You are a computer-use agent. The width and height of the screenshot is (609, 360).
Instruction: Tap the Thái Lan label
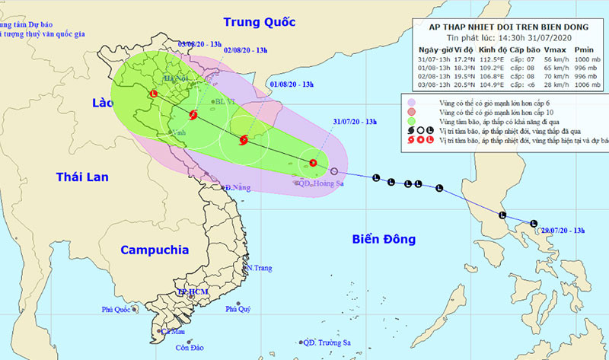click(82, 177)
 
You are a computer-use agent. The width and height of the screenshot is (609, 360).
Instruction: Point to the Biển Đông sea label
click(384, 240)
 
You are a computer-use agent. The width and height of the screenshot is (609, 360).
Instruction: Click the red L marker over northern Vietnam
click(154, 94)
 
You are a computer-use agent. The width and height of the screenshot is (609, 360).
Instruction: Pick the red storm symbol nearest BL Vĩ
click(192, 116)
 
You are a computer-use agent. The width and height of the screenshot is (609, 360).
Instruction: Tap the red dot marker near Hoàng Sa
click(312, 162)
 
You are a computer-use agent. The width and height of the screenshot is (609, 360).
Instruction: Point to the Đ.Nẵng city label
click(237, 186)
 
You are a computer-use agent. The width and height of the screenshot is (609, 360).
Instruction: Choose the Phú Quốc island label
click(118, 309)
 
